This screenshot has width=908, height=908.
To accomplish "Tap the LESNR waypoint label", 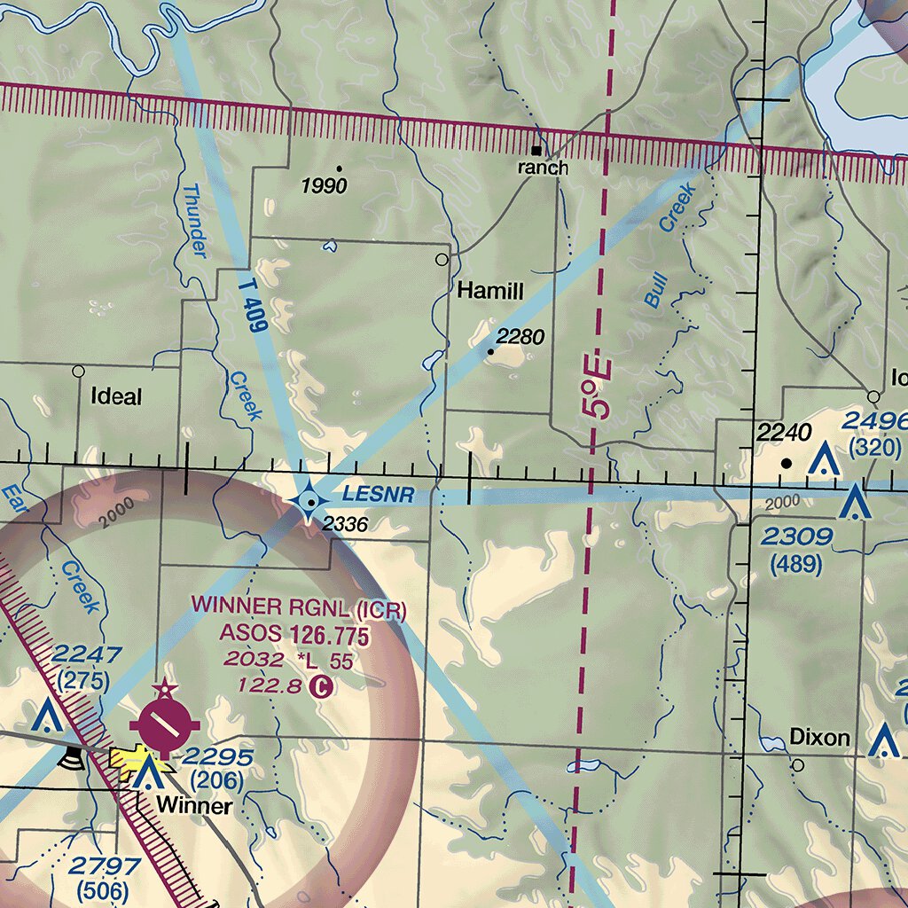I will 379,495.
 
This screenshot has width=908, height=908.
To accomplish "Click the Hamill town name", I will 490,292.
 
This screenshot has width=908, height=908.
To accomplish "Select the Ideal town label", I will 116,396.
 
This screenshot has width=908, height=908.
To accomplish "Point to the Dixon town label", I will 819,738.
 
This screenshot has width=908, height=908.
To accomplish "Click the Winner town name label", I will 194,807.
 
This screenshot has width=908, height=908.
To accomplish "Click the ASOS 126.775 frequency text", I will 294,635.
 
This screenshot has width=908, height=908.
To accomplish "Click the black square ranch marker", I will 536,149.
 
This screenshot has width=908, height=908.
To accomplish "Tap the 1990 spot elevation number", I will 324,186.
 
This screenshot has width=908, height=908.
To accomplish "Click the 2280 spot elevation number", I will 520,337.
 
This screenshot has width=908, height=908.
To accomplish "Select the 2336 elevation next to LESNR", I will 345,525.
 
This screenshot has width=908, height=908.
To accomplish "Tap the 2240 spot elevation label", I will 785,434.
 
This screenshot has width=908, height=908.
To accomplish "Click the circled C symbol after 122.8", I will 321,685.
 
